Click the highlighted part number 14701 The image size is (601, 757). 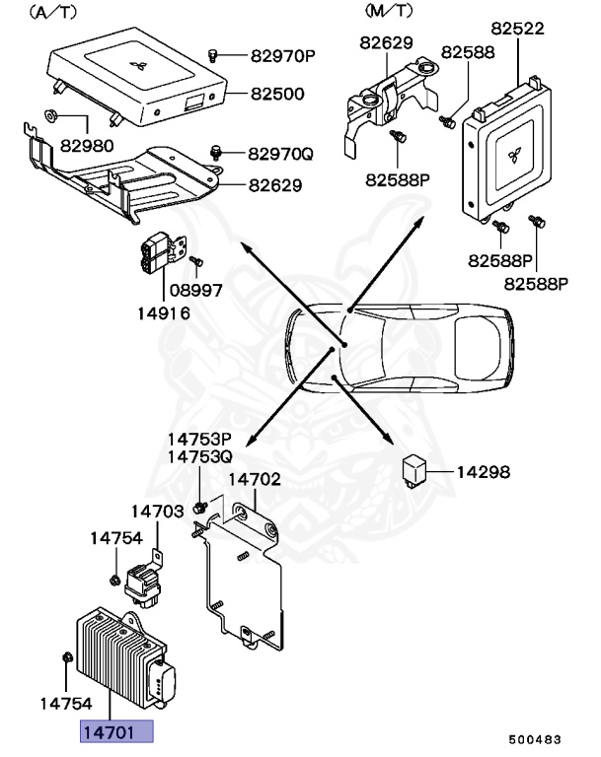click(117, 730)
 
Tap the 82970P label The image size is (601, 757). click(281, 55)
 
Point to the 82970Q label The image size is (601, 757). click(280, 154)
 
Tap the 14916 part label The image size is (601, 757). click(164, 313)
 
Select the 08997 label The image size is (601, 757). click(195, 291)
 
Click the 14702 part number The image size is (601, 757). click(256, 480)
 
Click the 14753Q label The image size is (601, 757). click(198, 457)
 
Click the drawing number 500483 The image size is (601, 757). click(536, 738)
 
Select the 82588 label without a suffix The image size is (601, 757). click(468, 51)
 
